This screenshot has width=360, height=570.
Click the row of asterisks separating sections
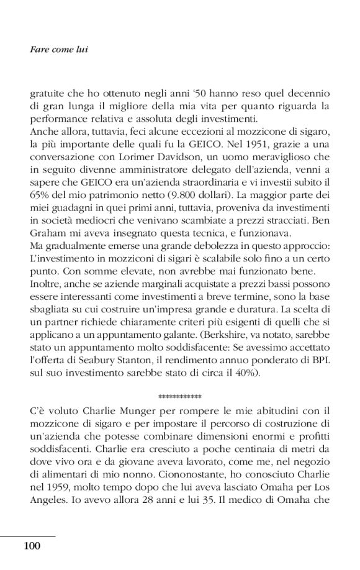[x=179, y=396]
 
